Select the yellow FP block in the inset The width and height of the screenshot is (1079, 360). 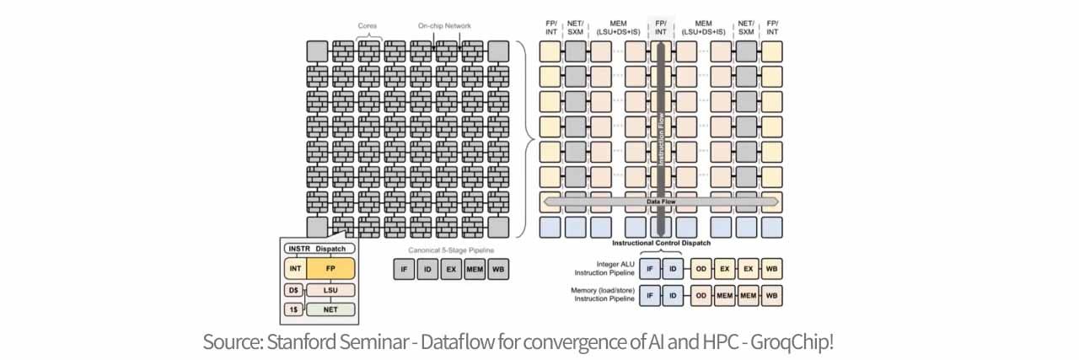(330, 269)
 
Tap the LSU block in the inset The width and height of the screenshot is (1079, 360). (330, 290)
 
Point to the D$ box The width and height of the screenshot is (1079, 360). (293, 290)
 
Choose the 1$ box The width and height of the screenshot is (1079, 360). (293, 309)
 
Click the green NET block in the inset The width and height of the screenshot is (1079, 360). (330, 309)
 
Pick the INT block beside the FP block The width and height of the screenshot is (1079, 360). (295, 269)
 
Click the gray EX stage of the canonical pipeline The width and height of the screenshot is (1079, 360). (451, 269)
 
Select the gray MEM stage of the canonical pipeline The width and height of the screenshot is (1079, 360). (475, 269)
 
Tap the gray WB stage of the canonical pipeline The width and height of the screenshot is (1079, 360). (498, 269)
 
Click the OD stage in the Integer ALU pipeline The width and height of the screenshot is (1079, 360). (701, 269)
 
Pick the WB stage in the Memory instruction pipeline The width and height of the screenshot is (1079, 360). (771, 297)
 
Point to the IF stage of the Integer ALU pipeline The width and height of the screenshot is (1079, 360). (650, 269)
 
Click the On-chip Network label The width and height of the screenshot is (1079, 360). (444, 26)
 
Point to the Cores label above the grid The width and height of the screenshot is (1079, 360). (368, 26)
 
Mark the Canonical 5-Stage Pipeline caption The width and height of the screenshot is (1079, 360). (451, 250)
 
